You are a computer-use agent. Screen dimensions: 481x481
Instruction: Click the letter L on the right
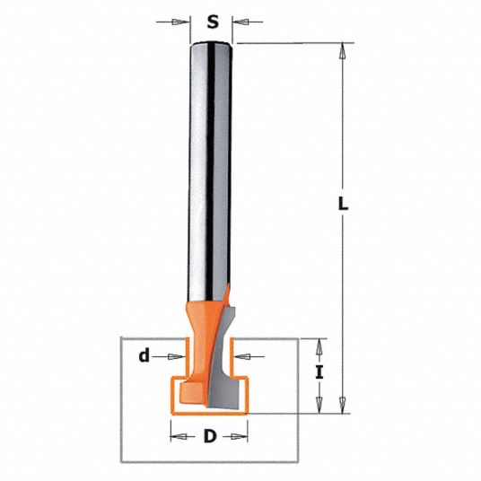pos(344,204)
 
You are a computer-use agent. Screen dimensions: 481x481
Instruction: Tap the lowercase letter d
pos(143,356)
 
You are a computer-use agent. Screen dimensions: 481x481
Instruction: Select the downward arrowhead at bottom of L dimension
pos(341,408)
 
